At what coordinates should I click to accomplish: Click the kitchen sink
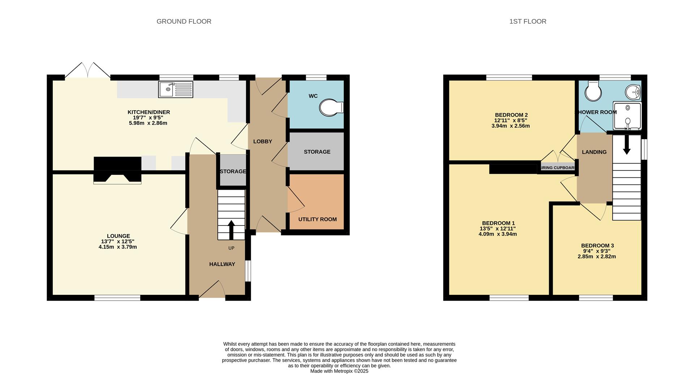pos(176,89)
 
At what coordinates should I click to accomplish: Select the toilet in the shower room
pos(593,90)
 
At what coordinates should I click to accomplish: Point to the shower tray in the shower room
pos(627,116)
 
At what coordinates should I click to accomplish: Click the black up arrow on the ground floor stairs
pos(231,230)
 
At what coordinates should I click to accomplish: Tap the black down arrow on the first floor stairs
pos(627,145)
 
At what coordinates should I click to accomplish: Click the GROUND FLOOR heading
pos(184,21)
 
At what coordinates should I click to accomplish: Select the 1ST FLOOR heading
pos(528,21)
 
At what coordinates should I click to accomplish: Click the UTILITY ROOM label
pos(317,219)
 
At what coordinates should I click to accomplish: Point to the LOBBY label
pos(262,141)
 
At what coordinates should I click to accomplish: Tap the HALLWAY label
pos(222,264)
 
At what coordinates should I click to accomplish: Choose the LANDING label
pos(594,152)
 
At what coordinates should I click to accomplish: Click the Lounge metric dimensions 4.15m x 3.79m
pos(118,247)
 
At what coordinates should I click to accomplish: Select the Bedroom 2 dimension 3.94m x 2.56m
pos(511,126)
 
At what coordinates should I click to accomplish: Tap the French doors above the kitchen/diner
pos(88,70)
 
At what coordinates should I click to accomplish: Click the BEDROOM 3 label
pos(597,246)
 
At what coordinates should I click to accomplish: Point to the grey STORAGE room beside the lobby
pos(317,151)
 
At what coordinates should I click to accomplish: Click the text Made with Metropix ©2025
pos(339,371)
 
